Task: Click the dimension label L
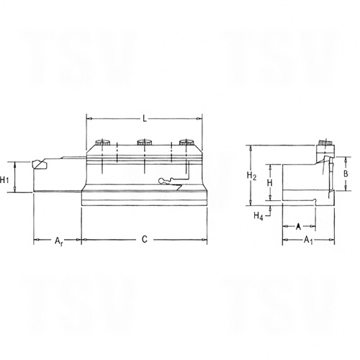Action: coord(145,118)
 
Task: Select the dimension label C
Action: coord(145,239)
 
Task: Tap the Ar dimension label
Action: coord(58,240)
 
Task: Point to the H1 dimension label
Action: coord(4,179)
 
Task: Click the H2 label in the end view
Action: coord(251,176)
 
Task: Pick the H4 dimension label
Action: coord(258,216)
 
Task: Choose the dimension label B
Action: coord(346,174)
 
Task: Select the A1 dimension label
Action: coord(309,240)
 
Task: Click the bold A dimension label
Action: coord(298,226)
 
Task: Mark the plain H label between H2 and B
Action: coord(270,183)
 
